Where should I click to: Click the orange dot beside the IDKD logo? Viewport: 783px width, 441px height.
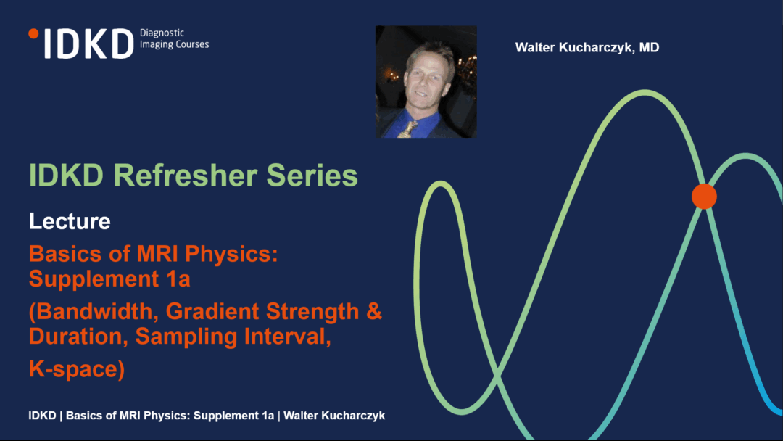33,33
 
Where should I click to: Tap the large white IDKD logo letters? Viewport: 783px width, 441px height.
89,44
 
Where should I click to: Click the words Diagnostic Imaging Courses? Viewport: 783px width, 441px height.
174,38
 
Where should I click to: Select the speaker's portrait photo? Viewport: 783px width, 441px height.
426,82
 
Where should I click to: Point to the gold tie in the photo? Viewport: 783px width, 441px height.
409,129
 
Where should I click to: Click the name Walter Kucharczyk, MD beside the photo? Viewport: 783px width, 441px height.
587,47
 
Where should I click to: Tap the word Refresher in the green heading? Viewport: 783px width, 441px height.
185,176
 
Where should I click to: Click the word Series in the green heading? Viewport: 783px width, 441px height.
312,176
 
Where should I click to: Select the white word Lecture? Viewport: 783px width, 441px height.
70,221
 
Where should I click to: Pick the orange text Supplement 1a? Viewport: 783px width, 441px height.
109,279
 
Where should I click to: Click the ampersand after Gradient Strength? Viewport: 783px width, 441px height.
374,311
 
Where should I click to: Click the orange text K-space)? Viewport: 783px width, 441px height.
77,369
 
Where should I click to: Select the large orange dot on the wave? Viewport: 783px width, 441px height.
704,197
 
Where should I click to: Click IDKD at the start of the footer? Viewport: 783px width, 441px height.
43,416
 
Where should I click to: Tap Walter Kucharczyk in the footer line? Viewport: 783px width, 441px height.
334,416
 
